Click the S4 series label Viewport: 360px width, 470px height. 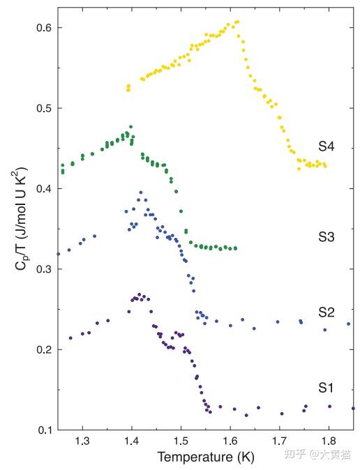[326, 146]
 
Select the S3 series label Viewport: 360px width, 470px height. [326, 237]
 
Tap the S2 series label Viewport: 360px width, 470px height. [326, 312]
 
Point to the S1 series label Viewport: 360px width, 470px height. [326, 388]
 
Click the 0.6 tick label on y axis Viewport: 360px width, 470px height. [44, 28]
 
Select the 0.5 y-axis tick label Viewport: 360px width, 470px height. [44, 108]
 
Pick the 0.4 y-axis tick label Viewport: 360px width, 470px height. [44, 189]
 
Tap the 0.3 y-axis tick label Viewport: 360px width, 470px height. [44, 269]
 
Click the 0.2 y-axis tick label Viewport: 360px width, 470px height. [44, 350]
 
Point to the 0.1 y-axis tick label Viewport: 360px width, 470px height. [45, 430]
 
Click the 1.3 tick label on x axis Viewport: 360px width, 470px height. [82, 441]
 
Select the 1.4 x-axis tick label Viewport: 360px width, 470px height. [132, 441]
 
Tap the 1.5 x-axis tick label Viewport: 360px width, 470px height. [181, 441]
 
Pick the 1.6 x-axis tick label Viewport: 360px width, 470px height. [230, 441]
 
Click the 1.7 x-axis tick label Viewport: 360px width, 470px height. [279, 441]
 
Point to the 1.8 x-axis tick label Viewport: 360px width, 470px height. [329, 441]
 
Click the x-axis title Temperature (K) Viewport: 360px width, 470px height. [206, 457]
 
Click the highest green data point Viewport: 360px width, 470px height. [130, 127]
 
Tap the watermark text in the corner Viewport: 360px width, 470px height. [317, 455]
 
